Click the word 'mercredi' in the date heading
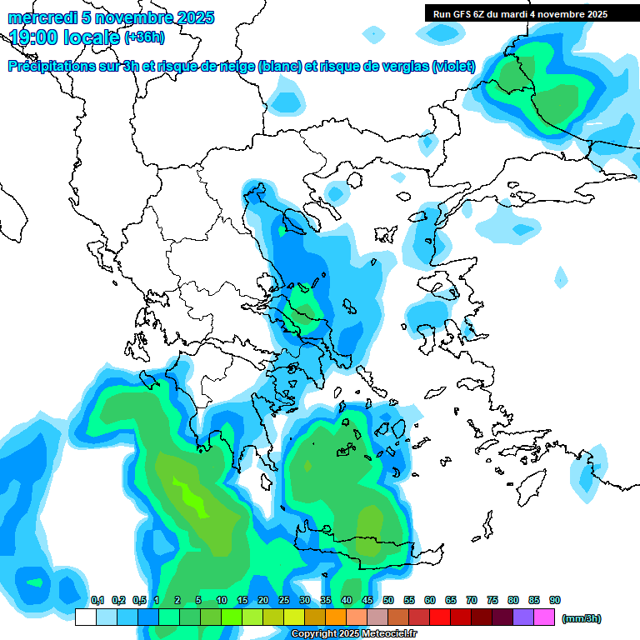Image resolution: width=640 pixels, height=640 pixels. click(x=38, y=17)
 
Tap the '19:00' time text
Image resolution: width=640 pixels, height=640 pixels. click(x=36, y=37)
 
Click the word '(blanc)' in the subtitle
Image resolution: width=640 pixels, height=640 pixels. click(x=279, y=66)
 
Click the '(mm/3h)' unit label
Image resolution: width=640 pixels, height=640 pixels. click(x=582, y=618)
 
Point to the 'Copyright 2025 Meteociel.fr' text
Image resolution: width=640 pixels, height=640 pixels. click(x=354, y=634)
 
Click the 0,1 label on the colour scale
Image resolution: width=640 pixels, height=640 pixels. click(x=97, y=601)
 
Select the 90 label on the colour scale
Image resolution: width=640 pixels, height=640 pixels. click(x=555, y=601)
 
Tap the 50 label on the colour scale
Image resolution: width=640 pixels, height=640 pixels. click(x=388, y=601)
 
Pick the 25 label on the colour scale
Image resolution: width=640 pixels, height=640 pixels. click(x=284, y=601)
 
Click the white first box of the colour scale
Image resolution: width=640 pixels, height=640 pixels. click(x=85, y=617)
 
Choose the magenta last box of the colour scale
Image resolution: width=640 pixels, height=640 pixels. click(x=544, y=617)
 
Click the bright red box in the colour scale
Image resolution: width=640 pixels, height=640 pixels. click(x=440, y=617)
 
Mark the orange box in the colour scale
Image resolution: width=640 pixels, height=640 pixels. click(x=336, y=617)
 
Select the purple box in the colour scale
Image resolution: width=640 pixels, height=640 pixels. click(x=523, y=617)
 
